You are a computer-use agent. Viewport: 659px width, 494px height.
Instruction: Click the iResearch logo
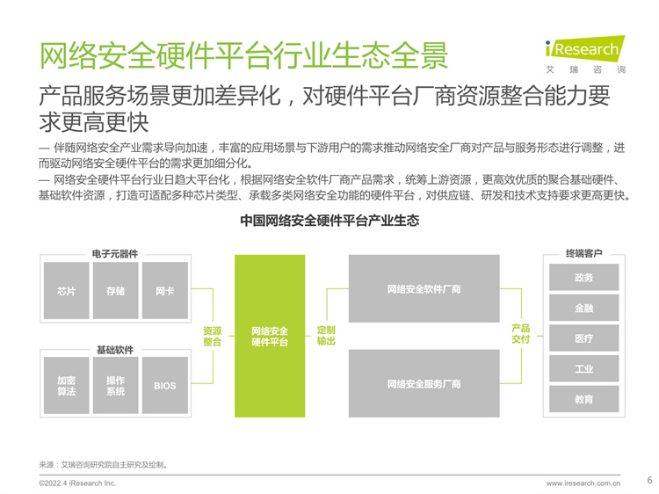click(x=585, y=54)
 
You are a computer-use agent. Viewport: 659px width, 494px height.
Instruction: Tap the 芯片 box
click(x=67, y=291)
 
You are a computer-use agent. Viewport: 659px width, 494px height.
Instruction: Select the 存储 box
click(x=116, y=291)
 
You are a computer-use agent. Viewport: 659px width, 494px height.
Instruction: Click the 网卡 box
click(x=165, y=291)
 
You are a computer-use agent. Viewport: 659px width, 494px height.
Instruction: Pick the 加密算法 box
click(x=67, y=386)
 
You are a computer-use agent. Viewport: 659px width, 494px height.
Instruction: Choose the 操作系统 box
click(x=116, y=386)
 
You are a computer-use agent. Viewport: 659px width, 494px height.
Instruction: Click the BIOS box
click(x=165, y=386)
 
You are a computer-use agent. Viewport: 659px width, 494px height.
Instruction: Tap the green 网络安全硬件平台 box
click(x=270, y=336)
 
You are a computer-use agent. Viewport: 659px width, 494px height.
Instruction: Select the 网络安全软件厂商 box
click(x=424, y=289)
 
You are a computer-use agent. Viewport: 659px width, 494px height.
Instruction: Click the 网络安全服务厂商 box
click(x=424, y=383)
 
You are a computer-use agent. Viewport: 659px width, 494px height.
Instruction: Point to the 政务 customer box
click(x=583, y=277)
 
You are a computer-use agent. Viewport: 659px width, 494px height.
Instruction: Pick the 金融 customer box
click(x=583, y=308)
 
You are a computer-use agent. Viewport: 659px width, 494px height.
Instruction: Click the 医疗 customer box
click(x=583, y=338)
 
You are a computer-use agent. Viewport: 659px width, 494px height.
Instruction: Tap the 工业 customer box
click(x=583, y=368)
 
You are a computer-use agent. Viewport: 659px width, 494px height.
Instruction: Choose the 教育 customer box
click(x=583, y=399)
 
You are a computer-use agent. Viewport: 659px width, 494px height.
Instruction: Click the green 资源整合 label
click(x=213, y=337)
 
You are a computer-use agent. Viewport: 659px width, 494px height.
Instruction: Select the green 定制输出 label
click(x=326, y=336)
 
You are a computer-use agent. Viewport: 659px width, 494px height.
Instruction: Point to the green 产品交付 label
click(x=521, y=333)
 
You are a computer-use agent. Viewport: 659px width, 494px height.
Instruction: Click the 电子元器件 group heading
click(x=115, y=253)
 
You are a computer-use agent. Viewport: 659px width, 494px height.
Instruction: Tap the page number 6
click(x=649, y=480)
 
